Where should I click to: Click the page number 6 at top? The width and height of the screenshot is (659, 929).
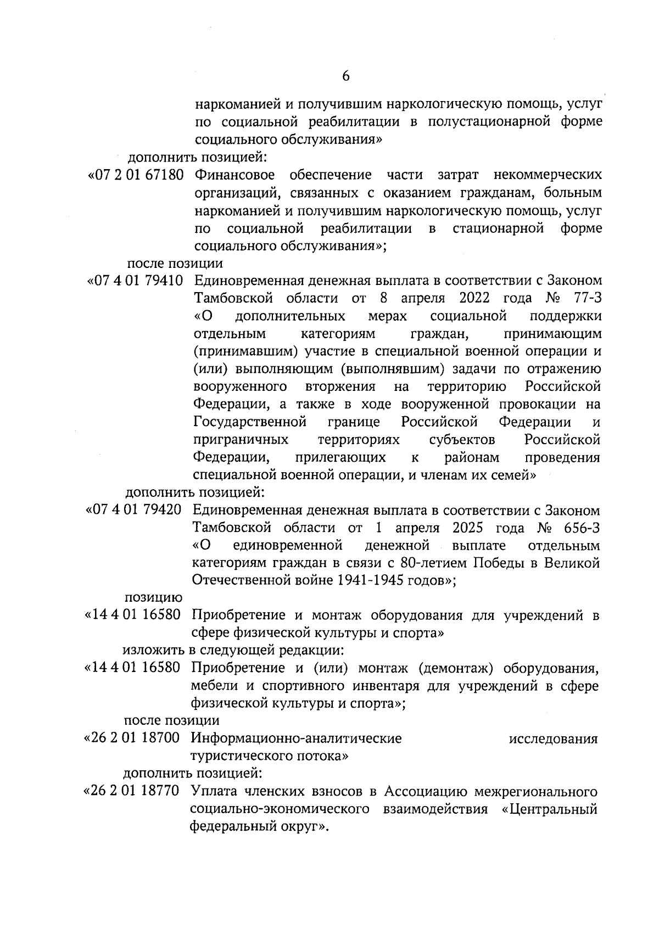[x=345, y=77]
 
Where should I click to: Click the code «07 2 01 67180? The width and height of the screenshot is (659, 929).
[x=135, y=175]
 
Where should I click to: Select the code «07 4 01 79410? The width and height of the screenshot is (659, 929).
[x=135, y=281]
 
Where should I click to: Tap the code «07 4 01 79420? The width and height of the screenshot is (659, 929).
[x=134, y=510]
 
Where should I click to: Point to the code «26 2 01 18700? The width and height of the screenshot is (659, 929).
[x=132, y=738]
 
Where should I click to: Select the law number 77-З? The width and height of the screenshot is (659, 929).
[x=584, y=299]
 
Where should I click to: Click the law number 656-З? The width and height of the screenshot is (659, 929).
[x=582, y=528]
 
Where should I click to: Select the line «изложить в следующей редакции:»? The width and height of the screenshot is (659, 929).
[x=233, y=651]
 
